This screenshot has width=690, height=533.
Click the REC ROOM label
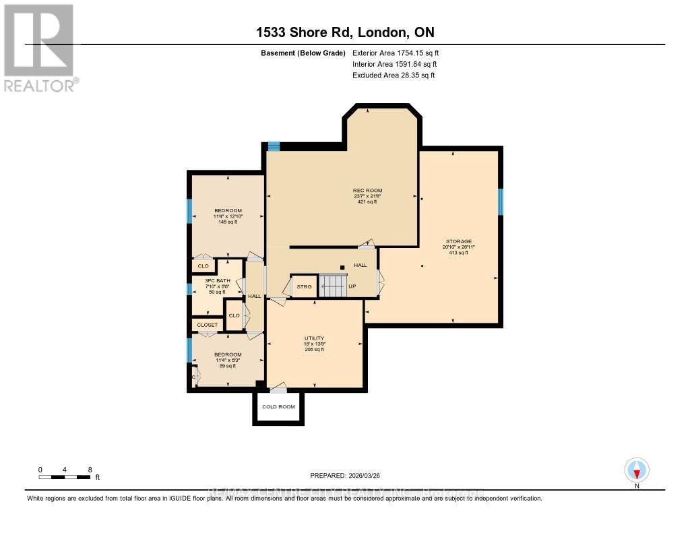tap(367, 191)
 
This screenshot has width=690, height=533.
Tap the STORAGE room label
tap(458, 241)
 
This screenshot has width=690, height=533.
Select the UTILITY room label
tap(314, 338)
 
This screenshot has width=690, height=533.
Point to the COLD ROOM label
tap(278, 407)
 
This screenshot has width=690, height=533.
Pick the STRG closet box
tap(304, 287)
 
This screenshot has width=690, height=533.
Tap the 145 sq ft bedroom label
tap(228, 210)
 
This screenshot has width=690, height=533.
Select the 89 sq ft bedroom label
tap(227, 354)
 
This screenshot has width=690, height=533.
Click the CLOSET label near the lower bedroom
tap(207, 325)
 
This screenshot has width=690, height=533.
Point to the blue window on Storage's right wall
tap(501, 201)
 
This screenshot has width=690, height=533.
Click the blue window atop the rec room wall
tap(274, 146)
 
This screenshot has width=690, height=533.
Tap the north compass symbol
tap(637, 469)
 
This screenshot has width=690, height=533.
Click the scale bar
tap(65, 477)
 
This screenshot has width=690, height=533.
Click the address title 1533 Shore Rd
tap(344, 33)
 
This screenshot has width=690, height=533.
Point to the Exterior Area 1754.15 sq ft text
tap(396, 53)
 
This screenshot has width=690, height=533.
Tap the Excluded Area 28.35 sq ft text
tap(394, 75)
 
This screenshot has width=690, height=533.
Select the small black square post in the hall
tap(342, 268)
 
